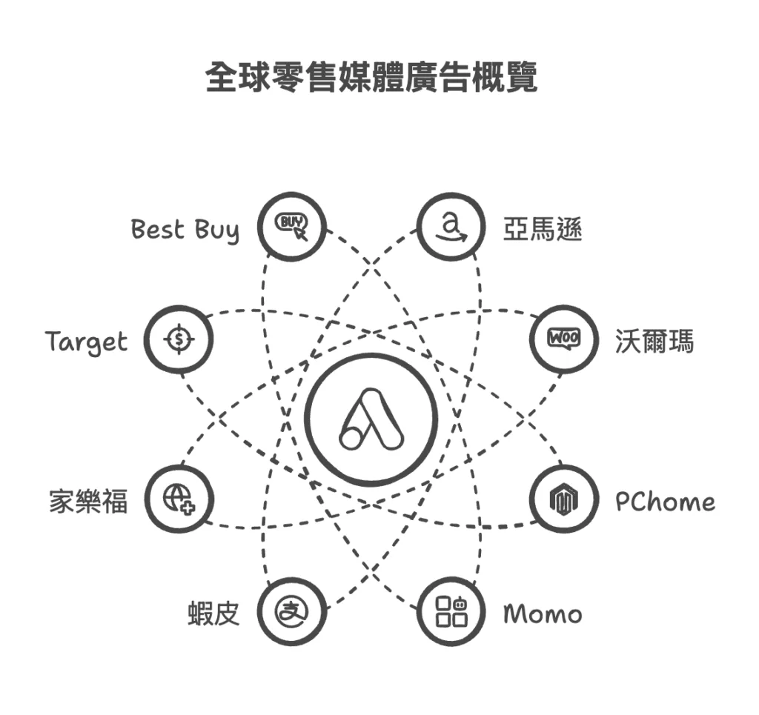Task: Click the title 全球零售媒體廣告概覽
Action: (371, 78)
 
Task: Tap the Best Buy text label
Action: (185, 230)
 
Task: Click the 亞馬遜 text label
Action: (543, 230)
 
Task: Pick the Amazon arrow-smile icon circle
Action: (451, 227)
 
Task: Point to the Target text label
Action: (86, 343)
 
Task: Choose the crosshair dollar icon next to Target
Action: (178, 340)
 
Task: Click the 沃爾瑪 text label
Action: (654, 342)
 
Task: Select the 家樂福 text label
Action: (88, 502)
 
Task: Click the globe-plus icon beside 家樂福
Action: (178, 499)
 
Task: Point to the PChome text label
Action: (665, 502)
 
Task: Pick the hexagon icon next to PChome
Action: (565, 499)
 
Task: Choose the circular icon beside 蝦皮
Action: (291, 611)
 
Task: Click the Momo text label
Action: (543, 614)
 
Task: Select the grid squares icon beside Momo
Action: (451, 611)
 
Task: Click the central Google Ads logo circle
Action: (371, 420)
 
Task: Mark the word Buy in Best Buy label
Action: (217, 231)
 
